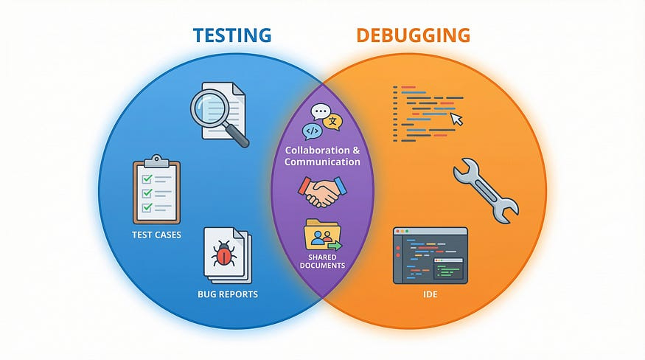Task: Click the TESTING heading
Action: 233,35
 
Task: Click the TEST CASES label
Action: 156,235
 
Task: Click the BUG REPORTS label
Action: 228,294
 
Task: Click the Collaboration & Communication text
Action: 323,156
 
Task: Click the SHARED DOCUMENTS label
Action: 323,261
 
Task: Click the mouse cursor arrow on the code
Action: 457,119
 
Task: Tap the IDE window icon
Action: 430,255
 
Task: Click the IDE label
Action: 430,294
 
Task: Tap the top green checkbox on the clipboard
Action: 147,177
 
